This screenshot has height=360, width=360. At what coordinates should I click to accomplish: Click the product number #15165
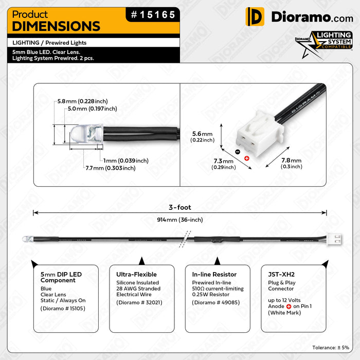(153, 15)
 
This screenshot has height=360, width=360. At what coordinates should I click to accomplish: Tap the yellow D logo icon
(255, 16)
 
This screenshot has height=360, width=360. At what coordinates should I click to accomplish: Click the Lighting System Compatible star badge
(324, 44)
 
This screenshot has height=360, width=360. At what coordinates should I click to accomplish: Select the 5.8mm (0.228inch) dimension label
(82, 101)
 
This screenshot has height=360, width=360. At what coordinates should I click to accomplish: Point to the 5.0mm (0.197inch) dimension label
(92, 109)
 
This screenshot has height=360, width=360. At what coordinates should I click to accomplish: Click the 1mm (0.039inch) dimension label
(126, 160)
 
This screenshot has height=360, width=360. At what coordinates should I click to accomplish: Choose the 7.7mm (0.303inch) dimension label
(111, 168)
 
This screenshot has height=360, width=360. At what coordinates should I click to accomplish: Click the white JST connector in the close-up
(260, 135)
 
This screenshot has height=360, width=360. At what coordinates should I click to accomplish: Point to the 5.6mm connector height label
(202, 137)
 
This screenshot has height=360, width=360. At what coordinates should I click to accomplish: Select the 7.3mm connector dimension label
(224, 164)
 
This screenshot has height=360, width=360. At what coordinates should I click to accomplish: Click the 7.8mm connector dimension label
(292, 163)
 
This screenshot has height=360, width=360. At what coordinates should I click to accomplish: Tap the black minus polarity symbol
(238, 152)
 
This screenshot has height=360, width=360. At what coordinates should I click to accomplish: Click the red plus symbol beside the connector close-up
(247, 158)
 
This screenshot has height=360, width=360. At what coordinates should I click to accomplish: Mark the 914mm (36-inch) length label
(180, 220)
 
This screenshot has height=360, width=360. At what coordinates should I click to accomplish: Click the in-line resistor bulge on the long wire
(217, 240)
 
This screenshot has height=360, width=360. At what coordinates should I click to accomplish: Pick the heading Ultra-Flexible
(136, 274)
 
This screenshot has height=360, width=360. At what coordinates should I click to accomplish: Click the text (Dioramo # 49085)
(216, 302)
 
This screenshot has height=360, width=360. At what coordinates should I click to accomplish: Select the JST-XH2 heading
(281, 274)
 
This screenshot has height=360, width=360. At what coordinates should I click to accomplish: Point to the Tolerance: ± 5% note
(331, 348)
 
